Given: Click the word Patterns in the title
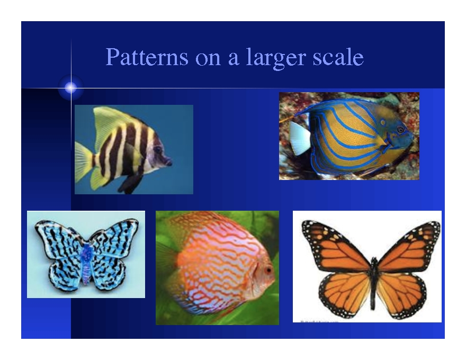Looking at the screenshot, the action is coord(147,57).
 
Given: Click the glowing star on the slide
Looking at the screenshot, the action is coord(71,87).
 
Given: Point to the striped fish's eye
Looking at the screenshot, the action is coord(158,149).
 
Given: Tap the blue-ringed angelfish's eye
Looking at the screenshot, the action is coord(401,130).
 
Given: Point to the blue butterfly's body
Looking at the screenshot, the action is coord(86,264).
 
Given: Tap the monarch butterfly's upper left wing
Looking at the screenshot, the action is coord(335,245).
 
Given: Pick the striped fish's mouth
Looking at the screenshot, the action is coord(169,162).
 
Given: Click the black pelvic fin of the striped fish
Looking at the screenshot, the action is coord(131,183).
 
